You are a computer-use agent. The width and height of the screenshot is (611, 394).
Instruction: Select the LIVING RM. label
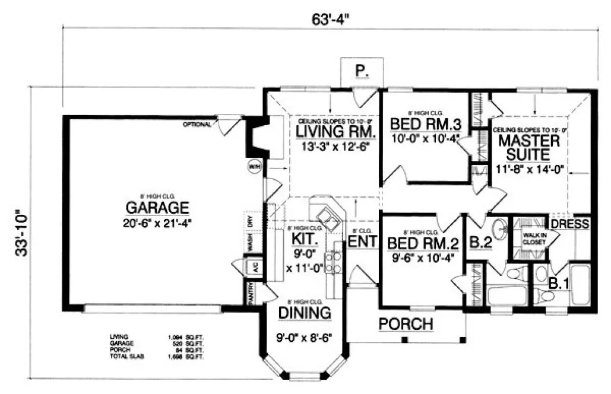coord(335,131)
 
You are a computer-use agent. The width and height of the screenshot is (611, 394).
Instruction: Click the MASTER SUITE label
coord(528,148)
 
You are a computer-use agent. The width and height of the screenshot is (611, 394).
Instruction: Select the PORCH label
coord(406,324)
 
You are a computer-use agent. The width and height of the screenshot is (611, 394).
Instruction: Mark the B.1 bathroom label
coord(559,284)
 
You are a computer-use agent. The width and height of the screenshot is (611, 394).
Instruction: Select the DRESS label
coord(570,224)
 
